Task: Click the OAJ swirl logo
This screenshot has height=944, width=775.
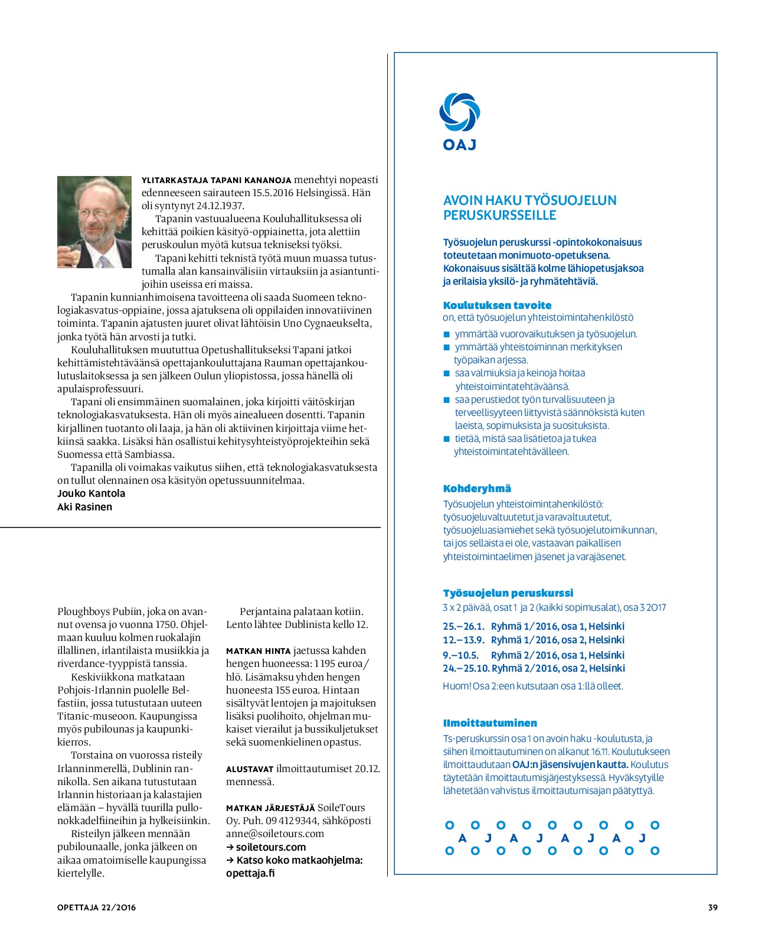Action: pyautogui.click(x=459, y=112)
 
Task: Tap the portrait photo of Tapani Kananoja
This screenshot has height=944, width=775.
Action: pyautogui.click(x=94, y=222)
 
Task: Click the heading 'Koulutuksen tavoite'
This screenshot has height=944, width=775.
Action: pyautogui.click(x=497, y=305)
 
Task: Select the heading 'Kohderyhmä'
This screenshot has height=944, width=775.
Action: pyautogui.click(x=477, y=489)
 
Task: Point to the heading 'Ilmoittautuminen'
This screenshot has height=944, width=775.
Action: pyautogui.click(x=490, y=723)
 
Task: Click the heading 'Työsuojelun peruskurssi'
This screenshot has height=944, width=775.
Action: pyautogui.click(x=508, y=593)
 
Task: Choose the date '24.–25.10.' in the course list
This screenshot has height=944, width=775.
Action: pyautogui.click(x=466, y=669)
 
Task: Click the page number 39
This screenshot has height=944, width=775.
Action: pyautogui.click(x=712, y=907)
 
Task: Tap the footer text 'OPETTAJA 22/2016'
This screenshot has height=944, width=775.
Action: pyautogui.click(x=96, y=907)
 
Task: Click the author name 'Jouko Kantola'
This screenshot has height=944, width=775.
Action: pyautogui.click(x=91, y=494)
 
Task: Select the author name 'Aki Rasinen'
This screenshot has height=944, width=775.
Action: pyautogui.click(x=84, y=507)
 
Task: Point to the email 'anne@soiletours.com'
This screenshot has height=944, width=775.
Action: pyautogui.click(x=275, y=834)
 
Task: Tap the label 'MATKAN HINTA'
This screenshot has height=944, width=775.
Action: pyautogui.click(x=258, y=651)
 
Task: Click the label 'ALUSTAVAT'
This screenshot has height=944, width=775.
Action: pyautogui.click(x=250, y=769)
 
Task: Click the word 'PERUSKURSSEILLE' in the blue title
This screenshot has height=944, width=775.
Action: pyautogui.click(x=499, y=215)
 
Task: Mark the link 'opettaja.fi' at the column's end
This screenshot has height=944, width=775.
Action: pyautogui.click(x=250, y=873)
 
